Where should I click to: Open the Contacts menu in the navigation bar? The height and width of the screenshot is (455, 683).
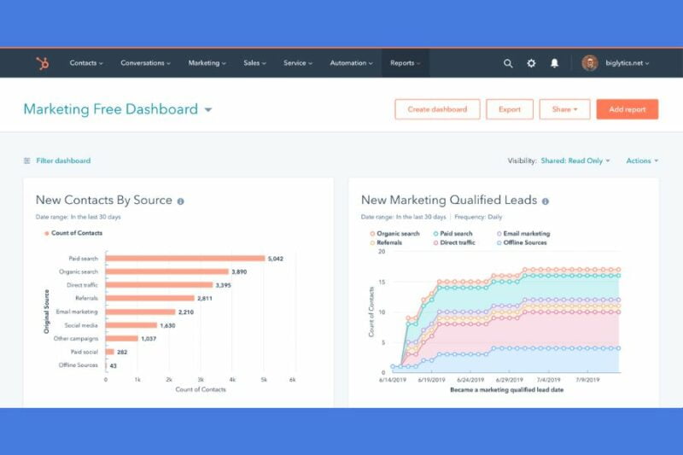point(85,63)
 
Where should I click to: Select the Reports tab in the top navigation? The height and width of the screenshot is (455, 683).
point(405,63)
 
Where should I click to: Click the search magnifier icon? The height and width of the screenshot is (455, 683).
point(508,63)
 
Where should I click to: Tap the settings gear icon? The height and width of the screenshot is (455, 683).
point(531,63)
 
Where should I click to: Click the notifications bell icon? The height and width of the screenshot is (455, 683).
point(554,63)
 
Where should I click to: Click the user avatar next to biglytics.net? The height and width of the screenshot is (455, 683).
point(590,63)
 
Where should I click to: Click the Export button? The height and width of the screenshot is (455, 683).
point(510,109)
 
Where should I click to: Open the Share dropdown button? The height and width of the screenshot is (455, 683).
point(564,109)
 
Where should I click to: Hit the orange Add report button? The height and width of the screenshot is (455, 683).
point(628,109)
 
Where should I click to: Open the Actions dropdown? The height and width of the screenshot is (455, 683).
point(641,160)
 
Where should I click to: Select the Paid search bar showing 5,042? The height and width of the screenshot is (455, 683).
point(185,258)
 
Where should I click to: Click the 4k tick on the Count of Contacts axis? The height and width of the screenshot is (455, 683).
point(231,379)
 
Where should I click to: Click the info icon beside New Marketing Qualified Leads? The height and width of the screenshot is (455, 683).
point(546,201)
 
